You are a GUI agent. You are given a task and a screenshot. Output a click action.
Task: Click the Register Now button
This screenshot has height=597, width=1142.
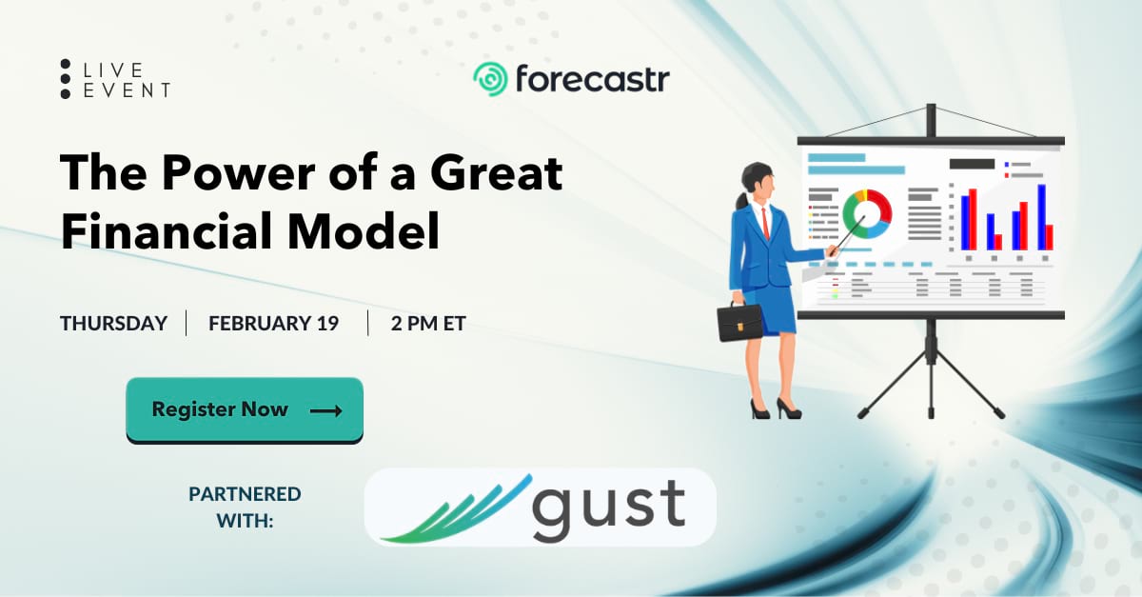click(x=245, y=410)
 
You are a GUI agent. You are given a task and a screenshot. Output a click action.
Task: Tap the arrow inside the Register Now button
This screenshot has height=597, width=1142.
click(x=325, y=410)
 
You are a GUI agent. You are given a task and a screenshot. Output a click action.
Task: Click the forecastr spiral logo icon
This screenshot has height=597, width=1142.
click(x=490, y=79)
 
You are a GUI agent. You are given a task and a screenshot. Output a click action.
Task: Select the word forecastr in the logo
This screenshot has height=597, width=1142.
click(x=592, y=79)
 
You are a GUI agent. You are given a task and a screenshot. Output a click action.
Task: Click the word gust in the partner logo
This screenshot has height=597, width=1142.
click(x=609, y=510)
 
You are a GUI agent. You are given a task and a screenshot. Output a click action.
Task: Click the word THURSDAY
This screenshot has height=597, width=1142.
click(x=113, y=323)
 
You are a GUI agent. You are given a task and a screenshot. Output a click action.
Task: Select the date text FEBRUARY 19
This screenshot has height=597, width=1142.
click(x=274, y=323)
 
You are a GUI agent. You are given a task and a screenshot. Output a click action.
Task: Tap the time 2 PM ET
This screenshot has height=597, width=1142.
click(x=428, y=323)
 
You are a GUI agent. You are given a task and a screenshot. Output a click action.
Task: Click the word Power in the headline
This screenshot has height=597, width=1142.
click(x=238, y=173)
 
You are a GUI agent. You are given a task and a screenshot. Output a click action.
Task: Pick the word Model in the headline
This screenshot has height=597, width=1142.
click(x=364, y=230)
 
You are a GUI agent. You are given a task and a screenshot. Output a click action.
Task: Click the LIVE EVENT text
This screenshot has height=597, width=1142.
click(x=127, y=80)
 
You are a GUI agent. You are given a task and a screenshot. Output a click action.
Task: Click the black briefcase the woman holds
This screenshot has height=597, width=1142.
click(x=739, y=321)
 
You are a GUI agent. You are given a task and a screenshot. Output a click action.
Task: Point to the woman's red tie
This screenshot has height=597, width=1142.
click(x=765, y=224)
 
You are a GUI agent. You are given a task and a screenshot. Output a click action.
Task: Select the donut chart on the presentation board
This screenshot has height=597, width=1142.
click(x=867, y=214)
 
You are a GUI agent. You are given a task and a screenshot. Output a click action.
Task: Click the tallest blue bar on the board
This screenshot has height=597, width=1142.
click(x=1041, y=217)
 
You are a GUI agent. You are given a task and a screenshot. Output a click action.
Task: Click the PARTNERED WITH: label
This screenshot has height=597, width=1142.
click(x=245, y=507)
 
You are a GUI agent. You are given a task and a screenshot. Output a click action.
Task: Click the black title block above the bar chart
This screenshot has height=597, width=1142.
click(x=972, y=164)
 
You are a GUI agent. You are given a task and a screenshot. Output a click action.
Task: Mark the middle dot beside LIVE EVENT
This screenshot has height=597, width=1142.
click(x=66, y=79)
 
